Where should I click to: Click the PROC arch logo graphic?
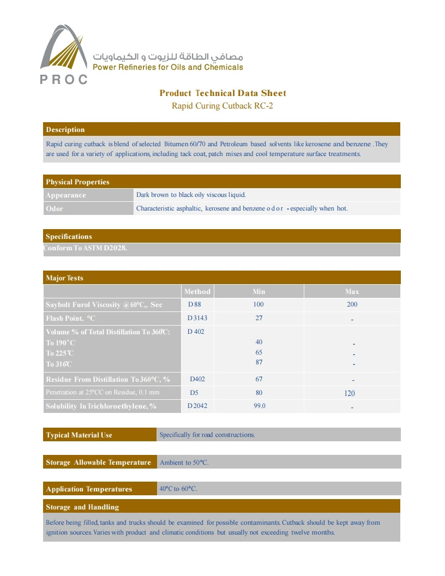(64, 52)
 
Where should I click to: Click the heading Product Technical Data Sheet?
(222, 93)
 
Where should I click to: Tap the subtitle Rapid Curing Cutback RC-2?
(222, 106)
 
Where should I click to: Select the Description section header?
(65, 130)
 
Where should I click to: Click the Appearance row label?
(66, 195)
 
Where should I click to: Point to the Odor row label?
(55, 208)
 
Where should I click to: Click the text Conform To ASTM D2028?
(86, 248)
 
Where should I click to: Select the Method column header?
(197, 291)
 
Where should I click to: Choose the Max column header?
(352, 291)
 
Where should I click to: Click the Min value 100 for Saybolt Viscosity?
(258, 304)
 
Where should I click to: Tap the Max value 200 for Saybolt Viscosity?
(352, 304)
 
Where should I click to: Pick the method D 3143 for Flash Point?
(197, 318)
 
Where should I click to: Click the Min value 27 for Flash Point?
(258, 318)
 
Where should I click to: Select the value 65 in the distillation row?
(258, 352)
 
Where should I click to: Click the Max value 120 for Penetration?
(350, 393)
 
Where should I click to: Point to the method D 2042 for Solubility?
(197, 406)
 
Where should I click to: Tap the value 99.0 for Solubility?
(260, 406)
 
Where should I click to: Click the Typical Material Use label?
(79, 435)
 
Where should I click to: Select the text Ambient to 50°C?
(184, 463)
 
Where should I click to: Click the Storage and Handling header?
(82, 507)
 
